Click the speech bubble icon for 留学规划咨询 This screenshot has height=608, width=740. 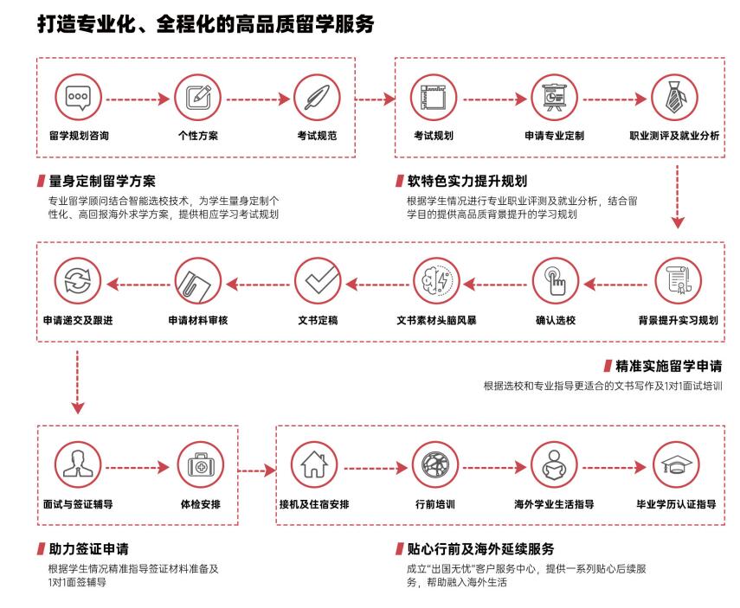click(78, 98)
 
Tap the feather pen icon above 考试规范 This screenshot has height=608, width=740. click(317, 98)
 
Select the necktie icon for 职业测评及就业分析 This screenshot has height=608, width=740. click(674, 98)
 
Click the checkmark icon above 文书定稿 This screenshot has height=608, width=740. click(318, 281)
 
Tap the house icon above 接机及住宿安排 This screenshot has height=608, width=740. click(314, 465)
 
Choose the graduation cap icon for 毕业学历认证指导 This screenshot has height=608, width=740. click(676, 465)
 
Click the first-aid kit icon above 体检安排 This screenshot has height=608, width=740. click(201, 465)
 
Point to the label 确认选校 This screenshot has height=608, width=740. click(556, 320)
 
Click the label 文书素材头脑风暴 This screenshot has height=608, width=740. click(436, 320)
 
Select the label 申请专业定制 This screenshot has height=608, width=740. click(554, 136)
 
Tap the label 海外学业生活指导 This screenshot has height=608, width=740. click(554, 504)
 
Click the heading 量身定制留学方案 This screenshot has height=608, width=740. click(102, 181)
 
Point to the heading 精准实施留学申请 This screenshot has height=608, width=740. click(669, 366)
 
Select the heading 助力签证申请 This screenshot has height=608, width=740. click(89, 549)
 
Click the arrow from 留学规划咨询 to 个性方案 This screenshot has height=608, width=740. click(138, 99)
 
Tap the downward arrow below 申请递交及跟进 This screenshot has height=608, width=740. click(77, 382)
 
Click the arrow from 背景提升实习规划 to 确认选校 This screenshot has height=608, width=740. click(615, 285)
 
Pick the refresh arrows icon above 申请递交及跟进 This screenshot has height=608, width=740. click(78, 281)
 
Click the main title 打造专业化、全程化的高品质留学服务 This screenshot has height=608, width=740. click(206, 23)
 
